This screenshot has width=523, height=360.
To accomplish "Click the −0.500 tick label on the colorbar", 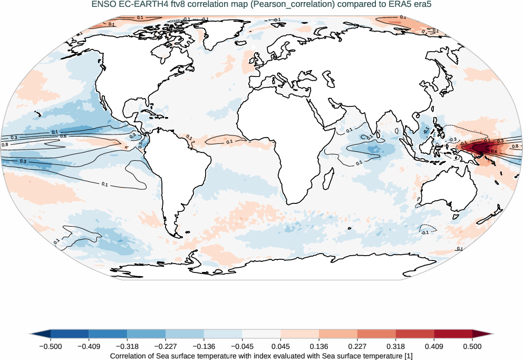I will pyautogui.click(x=51, y=346).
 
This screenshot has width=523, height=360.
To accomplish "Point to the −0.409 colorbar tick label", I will pyautogui.click(x=89, y=346).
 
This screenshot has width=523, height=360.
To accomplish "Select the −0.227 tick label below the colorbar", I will pyautogui.click(x=166, y=346).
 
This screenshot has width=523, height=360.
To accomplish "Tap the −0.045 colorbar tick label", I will pyautogui.click(x=242, y=346).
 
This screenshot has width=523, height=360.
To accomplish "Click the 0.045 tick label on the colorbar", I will pyautogui.click(x=280, y=346).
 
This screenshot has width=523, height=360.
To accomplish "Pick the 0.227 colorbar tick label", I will pyautogui.click(x=357, y=346).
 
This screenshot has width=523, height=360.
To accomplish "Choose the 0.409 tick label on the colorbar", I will pyautogui.click(x=434, y=346).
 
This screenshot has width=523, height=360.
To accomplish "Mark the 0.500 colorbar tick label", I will pyautogui.click(x=472, y=346).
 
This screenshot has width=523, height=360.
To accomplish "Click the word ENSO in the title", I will pyautogui.click(x=102, y=5).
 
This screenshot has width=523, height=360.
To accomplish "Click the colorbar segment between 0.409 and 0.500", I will pyautogui.click(x=453, y=334).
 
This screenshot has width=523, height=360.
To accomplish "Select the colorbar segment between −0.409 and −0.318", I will pyautogui.click(x=108, y=334).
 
